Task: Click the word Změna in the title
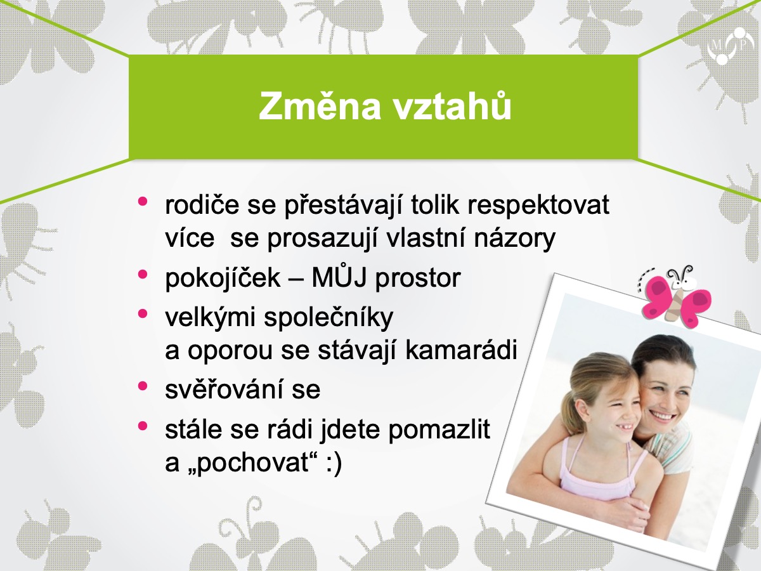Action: (x=320, y=106)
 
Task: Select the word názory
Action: (x=515, y=239)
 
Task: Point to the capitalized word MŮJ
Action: (x=339, y=277)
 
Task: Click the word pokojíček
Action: (x=223, y=277)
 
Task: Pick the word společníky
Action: (x=328, y=318)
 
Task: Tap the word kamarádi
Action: (x=461, y=350)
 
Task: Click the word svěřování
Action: (x=224, y=390)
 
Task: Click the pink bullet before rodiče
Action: (x=143, y=201)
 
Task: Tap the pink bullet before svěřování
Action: (x=143, y=386)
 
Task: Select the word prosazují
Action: (x=322, y=239)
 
